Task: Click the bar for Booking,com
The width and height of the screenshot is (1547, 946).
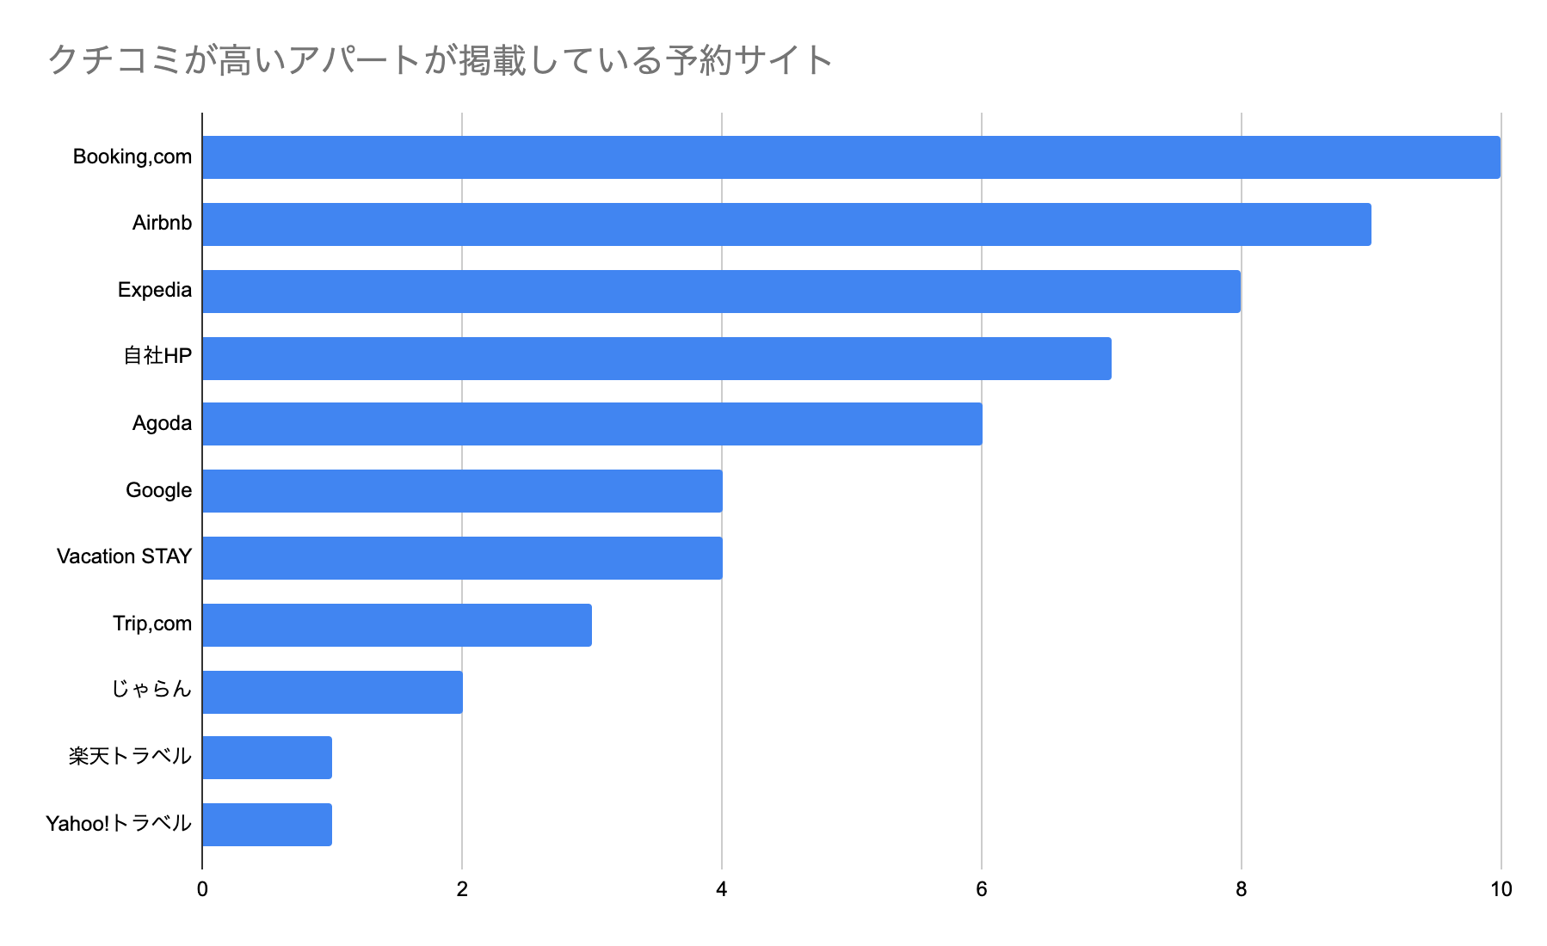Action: click(x=851, y=157)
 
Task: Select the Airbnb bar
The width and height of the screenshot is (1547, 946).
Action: click(x=786, y=224)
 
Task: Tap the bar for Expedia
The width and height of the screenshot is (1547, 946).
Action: click(x=721, y=292)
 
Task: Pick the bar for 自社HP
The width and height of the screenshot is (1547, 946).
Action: click(x=656, y=358)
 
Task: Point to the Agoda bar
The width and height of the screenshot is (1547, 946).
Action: click(x=592, y=424)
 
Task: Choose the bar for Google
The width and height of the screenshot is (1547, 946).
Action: click(x=462, y=491)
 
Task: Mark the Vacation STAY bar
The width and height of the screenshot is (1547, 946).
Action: click(x=462, y=558)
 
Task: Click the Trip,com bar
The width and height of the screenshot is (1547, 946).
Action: click(x=397, y=625)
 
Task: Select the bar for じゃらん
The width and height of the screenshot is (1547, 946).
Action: click(x=332, y=692)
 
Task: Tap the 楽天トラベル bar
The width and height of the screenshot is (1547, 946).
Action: click(x=267, y=758)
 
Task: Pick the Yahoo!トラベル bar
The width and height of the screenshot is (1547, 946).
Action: click(x=267, y=825)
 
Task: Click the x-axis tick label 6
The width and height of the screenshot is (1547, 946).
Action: click(x=982, y=889)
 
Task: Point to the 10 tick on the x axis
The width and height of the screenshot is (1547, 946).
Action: click(x=1501, y=889)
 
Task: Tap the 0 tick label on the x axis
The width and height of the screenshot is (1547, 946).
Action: click(x=202, y=889)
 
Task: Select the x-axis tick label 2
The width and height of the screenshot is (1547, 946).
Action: click(x=462, y=889)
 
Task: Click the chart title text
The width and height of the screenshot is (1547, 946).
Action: click(x=440, y=61)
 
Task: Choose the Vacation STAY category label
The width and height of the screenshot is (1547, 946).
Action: click(x=124, y=557)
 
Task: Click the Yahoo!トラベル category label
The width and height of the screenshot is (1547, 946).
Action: click(x=118, y=824)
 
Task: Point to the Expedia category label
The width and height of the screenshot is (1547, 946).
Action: click(x=155, y=291)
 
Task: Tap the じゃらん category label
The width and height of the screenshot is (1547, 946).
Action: click(x=151, y=690)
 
